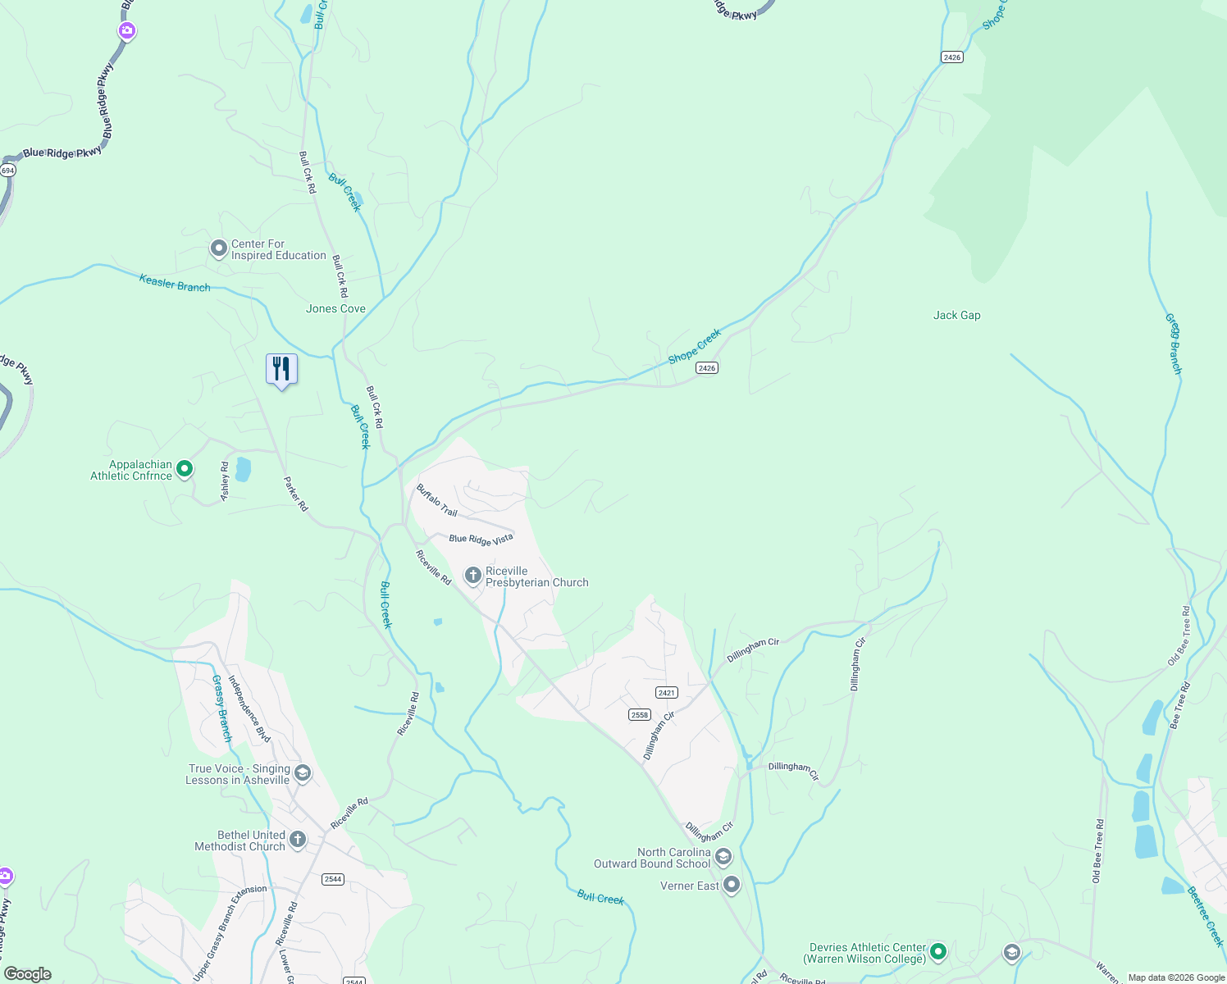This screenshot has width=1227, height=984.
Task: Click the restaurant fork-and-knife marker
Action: pyautogui.click(x=281, y=369)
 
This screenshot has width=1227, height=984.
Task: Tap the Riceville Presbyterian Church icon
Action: pyautogui.click(x=472, y=576)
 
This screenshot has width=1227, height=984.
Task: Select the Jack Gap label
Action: pyautogui.click(x=956, y=315)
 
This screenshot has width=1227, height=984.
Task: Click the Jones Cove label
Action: pyautogui.click(x=335, y=308)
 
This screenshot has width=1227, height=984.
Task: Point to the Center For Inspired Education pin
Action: pyautogui.click(x=218, y=248)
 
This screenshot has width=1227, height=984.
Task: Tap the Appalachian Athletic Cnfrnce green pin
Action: pyautogui.click(x=185, y=469)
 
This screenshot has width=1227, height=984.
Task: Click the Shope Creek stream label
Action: pyautogui.click(x=695, y=346)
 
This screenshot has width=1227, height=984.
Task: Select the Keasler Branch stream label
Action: pyautogui.click(x=175, y=283)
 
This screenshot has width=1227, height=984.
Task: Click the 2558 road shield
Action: pyautogui.click(x=640, y=714)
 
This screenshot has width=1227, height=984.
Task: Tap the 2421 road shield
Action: pyautogui.click(x=666, y=693)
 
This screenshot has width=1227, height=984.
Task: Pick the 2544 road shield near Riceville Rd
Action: pyautogui.click(x=332, y=879)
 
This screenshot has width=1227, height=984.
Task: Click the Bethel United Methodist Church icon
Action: pyautogui.click(x=298, y=840)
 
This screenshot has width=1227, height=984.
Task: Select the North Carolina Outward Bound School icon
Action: pyautogui.click(x=723, y=858)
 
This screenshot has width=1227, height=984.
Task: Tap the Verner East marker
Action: pyautogui.click(x=732, y=886)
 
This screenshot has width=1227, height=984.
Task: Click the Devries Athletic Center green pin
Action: pyautogui.click(x=938, y=952)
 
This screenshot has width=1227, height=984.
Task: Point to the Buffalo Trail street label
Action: pyautogui.click(x=436, y=500)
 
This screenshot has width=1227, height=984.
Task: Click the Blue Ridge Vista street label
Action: pyautogui.click(x=481, y=539)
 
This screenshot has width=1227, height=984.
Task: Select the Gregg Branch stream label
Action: pyautogui.click(x=1174, y=344)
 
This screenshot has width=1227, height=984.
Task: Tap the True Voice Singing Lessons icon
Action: pyautogui.click(x=303, y=774)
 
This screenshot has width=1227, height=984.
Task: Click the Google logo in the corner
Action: pyautogui.click(x=28, y=974)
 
